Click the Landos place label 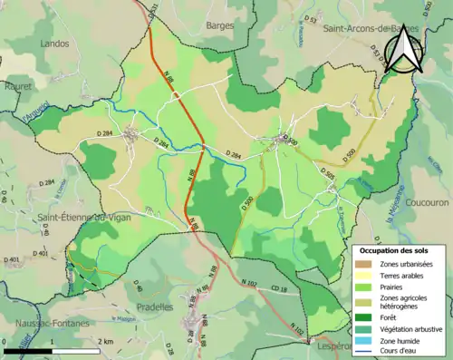(54, 42)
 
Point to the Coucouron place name (427, 203)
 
